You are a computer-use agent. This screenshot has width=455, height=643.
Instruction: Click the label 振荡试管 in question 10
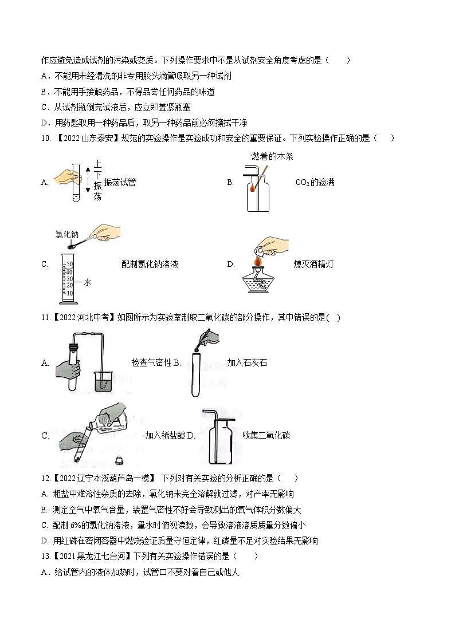(120, 183)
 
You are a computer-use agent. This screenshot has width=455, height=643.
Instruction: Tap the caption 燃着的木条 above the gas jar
(272, 156)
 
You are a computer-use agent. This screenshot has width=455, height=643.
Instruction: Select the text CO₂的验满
(315, 183)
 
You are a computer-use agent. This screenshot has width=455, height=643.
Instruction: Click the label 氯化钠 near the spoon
(66, 234)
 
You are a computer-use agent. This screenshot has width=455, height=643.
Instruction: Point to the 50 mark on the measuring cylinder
(69, 264)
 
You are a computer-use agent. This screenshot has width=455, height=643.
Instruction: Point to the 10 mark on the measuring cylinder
(69, 293)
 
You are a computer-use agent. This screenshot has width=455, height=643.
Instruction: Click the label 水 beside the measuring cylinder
(88, 282)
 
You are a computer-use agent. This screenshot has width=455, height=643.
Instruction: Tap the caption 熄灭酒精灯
(313, 264)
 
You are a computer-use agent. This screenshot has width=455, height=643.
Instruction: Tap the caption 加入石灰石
(247, 362)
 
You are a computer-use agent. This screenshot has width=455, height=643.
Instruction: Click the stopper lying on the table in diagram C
(119, 459)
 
